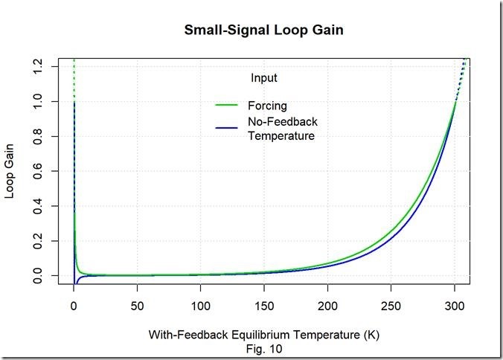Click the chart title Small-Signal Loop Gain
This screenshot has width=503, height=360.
click(264, 31)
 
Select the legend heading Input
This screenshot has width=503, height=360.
click(264, 77)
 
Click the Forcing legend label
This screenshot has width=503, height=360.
click(266, 105)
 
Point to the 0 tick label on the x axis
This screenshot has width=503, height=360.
click(73, 306)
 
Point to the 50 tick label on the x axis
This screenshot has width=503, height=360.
click(136, 306)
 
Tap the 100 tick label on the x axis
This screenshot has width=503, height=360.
click(200, 306)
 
